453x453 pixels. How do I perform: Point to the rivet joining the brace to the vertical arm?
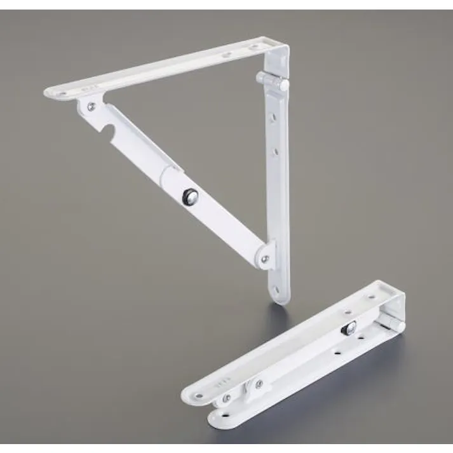[266, 258]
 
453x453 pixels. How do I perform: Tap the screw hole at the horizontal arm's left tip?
[64, 93]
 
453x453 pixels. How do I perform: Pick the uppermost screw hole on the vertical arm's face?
[274, 118]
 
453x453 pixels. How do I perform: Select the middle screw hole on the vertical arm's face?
[276, 151]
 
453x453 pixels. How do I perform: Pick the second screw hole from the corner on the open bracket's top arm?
[226, 55]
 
